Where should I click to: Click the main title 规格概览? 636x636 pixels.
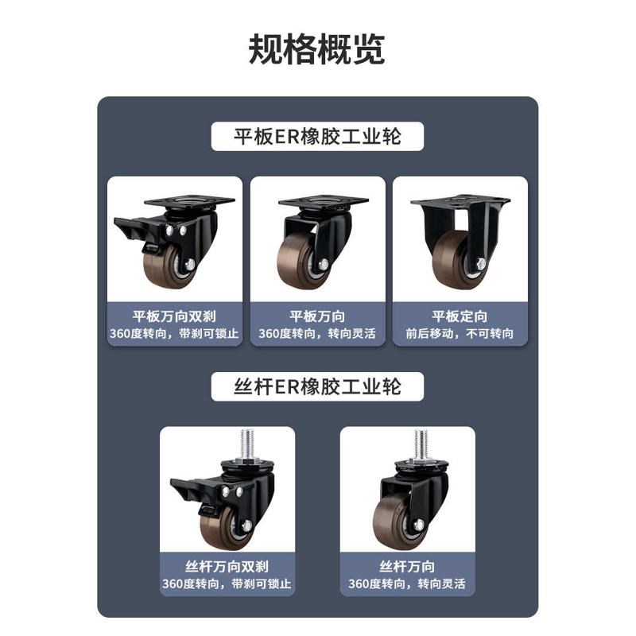click(x=317, y=49)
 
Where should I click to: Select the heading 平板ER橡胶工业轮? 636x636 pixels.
click(x=317, y=137)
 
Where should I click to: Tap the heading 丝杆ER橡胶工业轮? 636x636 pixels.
click(x=317, y=386)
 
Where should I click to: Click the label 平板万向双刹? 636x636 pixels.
click(x=175, y=316)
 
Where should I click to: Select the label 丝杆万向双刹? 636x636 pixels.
click(x=227, y=567)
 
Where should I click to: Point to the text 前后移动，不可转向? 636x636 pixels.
click(x=460, y=334)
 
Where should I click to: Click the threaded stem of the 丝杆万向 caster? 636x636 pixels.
click(x=421, y=442)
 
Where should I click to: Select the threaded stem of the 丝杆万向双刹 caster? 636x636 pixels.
click(x=246, y=441)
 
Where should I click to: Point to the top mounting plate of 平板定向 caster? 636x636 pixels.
click(x=460, y=200)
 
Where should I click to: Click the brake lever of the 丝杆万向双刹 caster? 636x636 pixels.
click(x=186, y=484)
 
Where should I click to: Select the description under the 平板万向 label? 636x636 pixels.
click(x=317, y=334)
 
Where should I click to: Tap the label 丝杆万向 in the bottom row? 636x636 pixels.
click(x=407, y=567)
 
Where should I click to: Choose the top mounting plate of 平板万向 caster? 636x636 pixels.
click(x=323, y=201)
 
